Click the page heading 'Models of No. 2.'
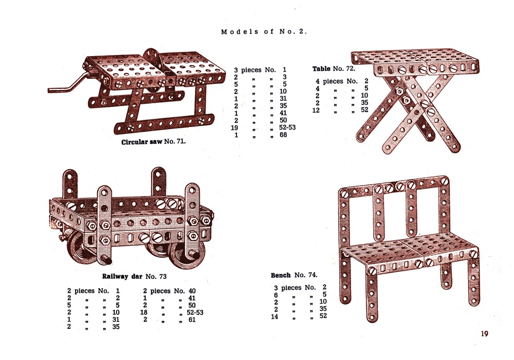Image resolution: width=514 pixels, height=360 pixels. click(x=264, y=32)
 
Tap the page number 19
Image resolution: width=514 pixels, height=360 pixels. click(x=485, y=334)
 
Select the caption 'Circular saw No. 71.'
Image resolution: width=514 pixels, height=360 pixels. click(x=153, y=142)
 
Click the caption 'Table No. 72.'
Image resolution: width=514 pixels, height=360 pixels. click(x=334, y=69)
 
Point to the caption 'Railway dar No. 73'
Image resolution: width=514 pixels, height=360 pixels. click(x=134, y=276)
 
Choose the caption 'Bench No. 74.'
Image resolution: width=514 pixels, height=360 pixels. click(x=294, y=276)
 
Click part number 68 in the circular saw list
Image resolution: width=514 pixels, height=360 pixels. click(x=283, y=135)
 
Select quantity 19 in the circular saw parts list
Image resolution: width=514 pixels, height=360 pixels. click(x=234, y=128)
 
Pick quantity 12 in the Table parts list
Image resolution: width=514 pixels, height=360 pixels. click(x=316, y=110)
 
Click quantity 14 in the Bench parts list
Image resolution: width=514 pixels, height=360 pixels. click(x=274, y=317)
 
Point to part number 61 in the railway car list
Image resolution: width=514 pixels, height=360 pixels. click(x=192, y=320)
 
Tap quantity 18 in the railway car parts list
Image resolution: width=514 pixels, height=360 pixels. click(x=144, y=313)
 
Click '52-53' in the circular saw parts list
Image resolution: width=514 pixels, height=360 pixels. click(x=287, y=128)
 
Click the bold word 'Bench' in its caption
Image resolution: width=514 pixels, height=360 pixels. click(x=281, y=276)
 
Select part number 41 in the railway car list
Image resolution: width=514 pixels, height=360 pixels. click(x=192, y=298)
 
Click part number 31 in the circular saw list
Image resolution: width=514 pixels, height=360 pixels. click(x=283, y=99)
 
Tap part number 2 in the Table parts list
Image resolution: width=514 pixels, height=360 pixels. click(x=366, y=81)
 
